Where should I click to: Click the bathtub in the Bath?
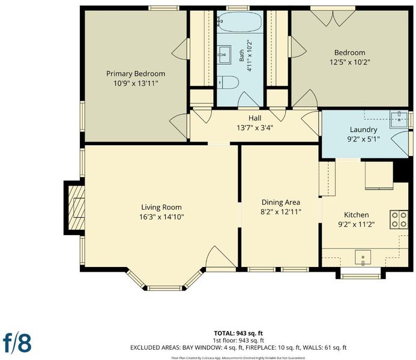[x=240, y=22]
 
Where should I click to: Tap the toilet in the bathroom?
[x=228, y=82]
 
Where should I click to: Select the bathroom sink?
[x=224, y=55]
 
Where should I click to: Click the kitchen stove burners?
[x=399, y=219]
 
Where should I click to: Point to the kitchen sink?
[x=363, y=257]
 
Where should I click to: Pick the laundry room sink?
[x=399, y=120]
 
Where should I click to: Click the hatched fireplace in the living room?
[x=76, y=208]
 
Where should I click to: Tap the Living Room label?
[x=161, y=207]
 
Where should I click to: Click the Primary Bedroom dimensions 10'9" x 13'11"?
[x=136, y=83]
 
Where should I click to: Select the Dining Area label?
[x=281, y=202]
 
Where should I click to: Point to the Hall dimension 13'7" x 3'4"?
[x=255, y=128]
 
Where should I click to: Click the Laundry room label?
[x=363, y=130]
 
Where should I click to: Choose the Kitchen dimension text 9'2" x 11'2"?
[x=357, y=224]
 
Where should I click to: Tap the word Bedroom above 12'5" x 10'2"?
[x=350, y=52]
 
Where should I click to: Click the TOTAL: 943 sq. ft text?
[x=238, y=333]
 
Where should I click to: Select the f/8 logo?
[x=17, y=343]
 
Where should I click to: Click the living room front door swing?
[x=221, y=257]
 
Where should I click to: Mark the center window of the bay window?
[x=164, y=288]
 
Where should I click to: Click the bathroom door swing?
[x=249, y=100]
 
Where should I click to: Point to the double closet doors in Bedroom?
[x=333, y=18]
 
